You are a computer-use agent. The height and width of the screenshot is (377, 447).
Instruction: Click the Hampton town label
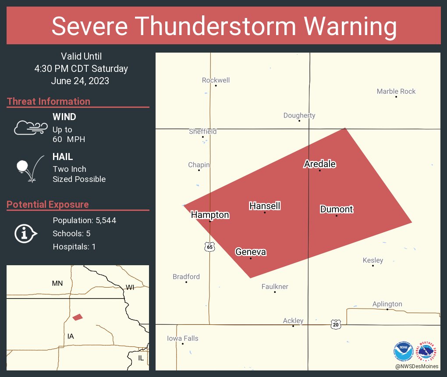tap(210, 215)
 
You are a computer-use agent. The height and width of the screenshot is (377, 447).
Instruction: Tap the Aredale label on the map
tap(320, 164)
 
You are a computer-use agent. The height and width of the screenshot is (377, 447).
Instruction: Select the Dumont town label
tap(337, 209)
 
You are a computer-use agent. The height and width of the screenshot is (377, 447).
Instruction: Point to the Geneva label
tap(251, 252)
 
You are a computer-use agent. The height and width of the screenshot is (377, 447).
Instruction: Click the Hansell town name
tap(265, 206)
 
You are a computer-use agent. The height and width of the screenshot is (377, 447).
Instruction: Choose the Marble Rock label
tap(396, 91)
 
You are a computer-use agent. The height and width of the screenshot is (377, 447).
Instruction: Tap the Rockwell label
tap(216, 80)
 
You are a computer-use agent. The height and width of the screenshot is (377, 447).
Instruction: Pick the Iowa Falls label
tap(183, 338)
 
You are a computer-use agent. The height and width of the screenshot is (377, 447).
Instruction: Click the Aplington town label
tap(387, 304)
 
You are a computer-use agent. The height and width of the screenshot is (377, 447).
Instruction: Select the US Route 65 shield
tap(210, 247)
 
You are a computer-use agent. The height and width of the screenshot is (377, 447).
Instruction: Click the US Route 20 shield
tap(336, 324)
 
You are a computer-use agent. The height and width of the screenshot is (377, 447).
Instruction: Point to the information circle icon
tap(25, 234)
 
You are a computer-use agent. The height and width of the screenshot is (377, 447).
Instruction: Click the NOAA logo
tap(403, 351)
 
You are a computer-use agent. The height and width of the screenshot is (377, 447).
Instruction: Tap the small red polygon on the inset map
tap(78, 317)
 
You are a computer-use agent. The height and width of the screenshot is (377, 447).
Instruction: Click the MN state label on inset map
tap(57, 283)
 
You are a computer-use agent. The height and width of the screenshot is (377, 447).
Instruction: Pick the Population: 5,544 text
tap(84, 220)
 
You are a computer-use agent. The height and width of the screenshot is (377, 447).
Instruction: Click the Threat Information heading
tap(49, 101)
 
